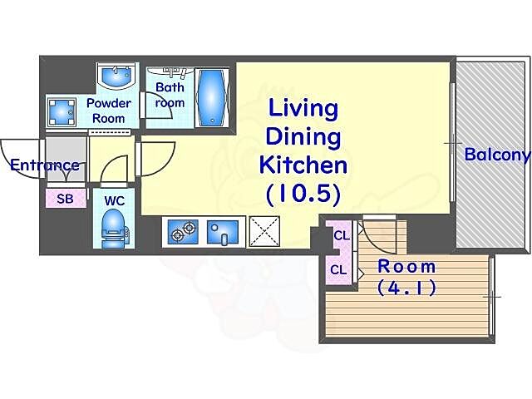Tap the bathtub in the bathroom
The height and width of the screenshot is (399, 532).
(x=211, y=98)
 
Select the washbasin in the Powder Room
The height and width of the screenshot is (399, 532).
(x=116, y=75)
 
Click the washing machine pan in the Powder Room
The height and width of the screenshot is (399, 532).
(x=62, y=111)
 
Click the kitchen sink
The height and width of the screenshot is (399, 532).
(x=222, y=232)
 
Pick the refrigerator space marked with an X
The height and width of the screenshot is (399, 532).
(x=264, y=231)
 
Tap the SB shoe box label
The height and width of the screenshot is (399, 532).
(x=65, y=199)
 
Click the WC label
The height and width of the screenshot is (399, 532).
(x=115, y=201)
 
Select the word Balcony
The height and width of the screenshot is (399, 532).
(x=497, y=155)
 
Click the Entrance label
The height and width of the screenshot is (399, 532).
(x=45, y=165)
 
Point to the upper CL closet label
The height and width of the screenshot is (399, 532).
(x=342, y=235)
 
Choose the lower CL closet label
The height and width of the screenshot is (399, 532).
(x=338, y=270)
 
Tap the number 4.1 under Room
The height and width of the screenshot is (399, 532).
(x=406, y=288)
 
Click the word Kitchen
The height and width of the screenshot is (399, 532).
(x=303, y=165)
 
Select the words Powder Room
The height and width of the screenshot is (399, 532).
(x=109, y=111)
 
